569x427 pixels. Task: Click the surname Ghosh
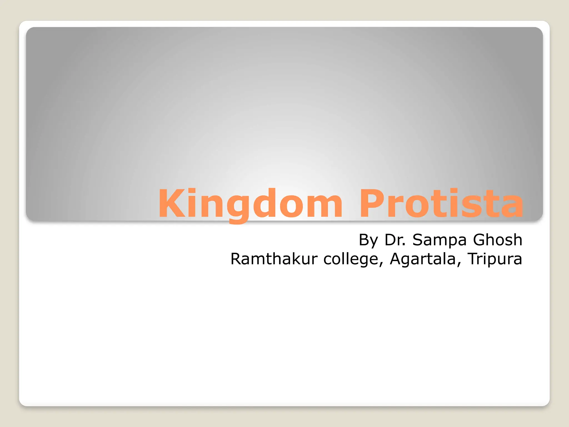(497, 240)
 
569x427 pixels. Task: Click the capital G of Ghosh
(480, 240)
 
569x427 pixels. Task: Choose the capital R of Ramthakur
(237, 259)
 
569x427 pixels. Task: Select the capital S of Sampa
(418, 240)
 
